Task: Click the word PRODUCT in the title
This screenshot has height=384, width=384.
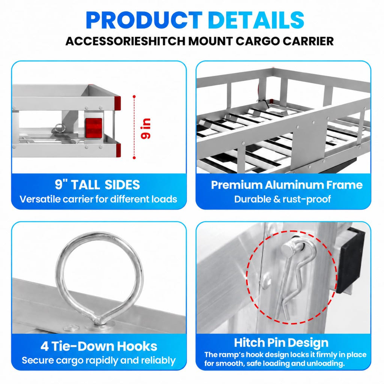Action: click(144, 20)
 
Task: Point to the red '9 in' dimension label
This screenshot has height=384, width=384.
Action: click(146, 129)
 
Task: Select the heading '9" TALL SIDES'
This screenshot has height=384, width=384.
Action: click(97, 184)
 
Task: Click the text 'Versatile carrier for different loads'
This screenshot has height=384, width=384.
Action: click(98, 199)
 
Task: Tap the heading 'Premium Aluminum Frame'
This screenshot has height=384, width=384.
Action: click(287, 185)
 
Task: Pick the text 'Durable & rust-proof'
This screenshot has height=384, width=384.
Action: click(283, 199)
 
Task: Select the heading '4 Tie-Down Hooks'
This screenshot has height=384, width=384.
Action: click(99, 346)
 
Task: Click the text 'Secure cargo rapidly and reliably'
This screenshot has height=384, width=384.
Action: click(99, 360)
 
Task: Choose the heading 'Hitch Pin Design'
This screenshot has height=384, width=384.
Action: click(281, 343)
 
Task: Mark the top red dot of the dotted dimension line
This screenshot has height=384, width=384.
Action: click(134, 96)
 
